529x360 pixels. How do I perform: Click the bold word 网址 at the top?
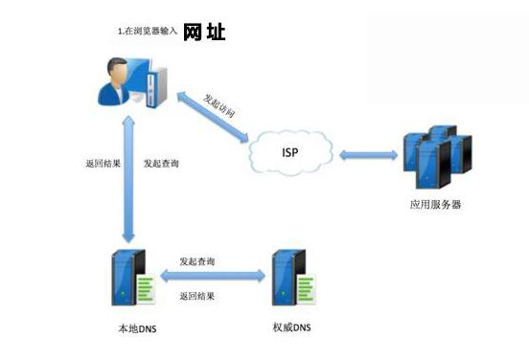pyautogui.click(x=204, y=34)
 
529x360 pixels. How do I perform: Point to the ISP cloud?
pyautogui.click(x=288, y=152)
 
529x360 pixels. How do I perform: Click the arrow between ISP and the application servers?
pyautogui.click(x=368, y=153)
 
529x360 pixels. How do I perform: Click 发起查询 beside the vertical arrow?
pyautogui.click(x=160, y=164)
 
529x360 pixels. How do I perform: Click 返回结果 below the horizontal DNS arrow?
pyautogui.click(x=197, y=297)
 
